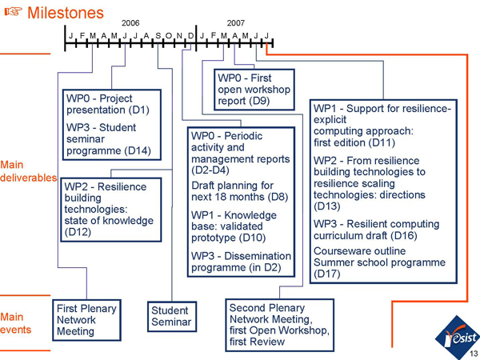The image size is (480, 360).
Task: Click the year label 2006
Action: point(130,23)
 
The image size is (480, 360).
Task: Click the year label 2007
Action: point(236,23)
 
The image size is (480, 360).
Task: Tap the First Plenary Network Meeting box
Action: point(86,320)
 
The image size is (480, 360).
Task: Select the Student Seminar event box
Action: point(170,317)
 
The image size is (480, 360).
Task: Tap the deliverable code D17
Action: point(328,274)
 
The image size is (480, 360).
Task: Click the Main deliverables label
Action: point(27,171)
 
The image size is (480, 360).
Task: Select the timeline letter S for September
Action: point(158,35)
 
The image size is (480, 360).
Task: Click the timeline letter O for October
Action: point(169,35)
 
